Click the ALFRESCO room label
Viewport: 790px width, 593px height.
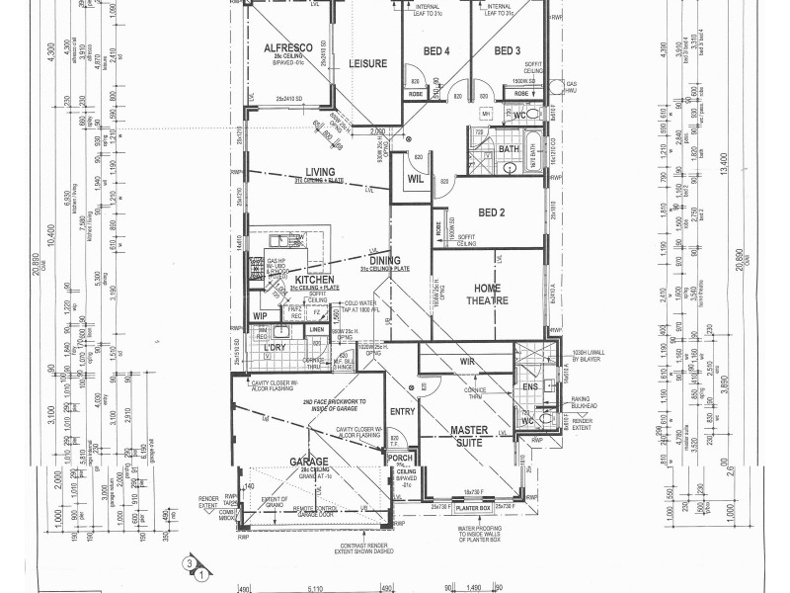coord(287,47)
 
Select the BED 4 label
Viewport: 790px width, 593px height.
coord(436,50)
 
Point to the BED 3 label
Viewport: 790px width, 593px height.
coord(507,50)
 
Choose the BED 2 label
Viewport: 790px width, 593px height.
coord(492,212)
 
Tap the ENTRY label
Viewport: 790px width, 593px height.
coord(402,411)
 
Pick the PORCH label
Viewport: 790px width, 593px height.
coord(401,458)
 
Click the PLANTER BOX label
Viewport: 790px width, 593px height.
coord(475,508)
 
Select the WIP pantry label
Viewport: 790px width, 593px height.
coord(260,315)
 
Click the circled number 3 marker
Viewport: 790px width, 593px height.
coord(186,563)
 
